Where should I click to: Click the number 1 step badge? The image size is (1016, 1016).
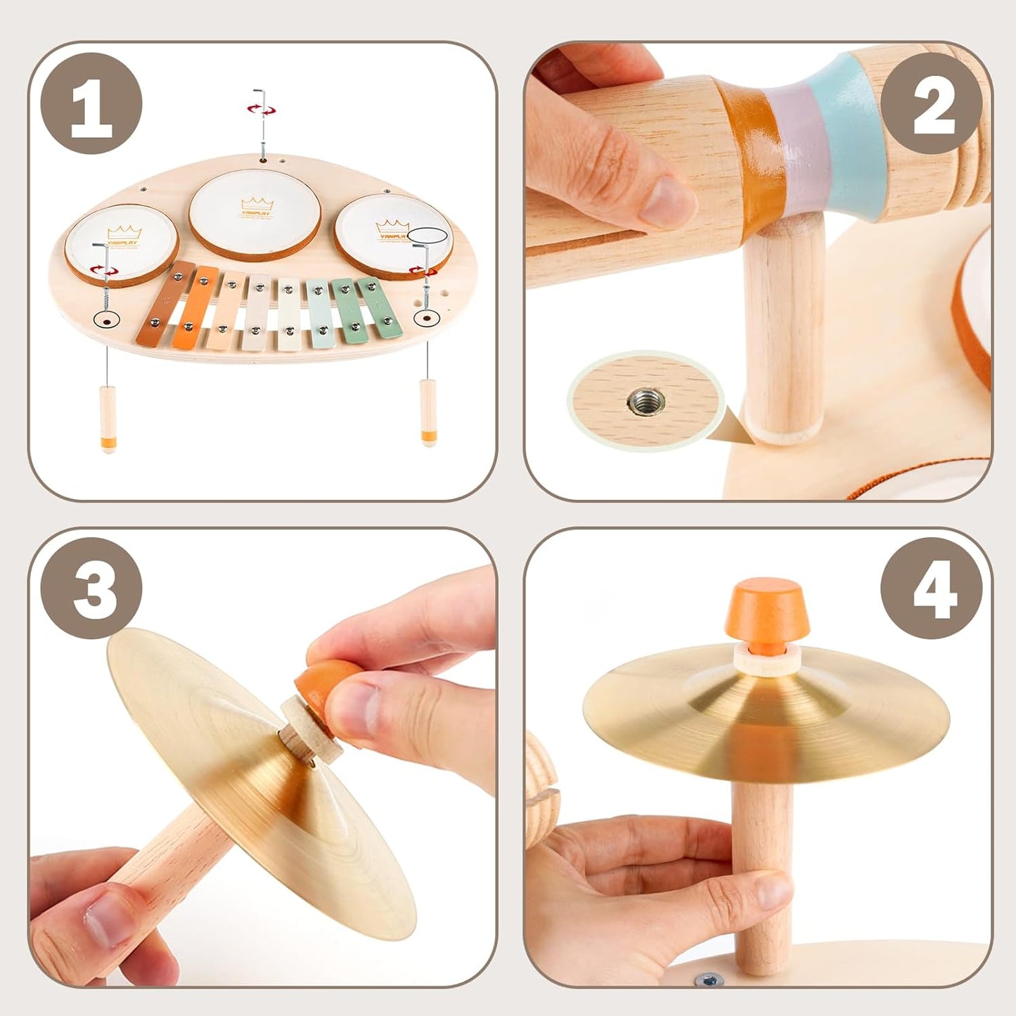click(x=91, y=103)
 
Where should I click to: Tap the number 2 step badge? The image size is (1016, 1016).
click(x=931, y=103)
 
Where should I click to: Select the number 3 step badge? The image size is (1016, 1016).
click(x=91, y=589)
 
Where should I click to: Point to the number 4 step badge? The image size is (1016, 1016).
click(x=931, y=589)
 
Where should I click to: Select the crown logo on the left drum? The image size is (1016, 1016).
click(x=124, y=233)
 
